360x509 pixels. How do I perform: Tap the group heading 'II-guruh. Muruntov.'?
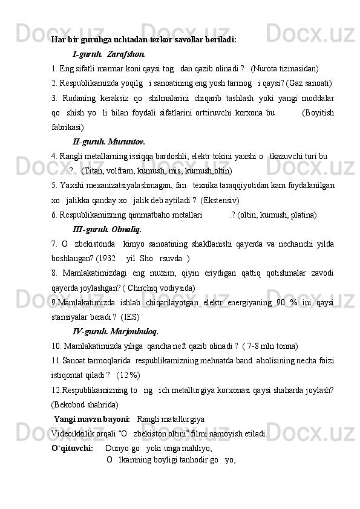pyautogui.click(x=108, y=141)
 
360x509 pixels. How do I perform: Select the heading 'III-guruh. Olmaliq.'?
pyautogui.click(x=106, y=230)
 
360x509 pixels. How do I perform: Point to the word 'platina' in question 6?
pyautogui.click(x=301, y=215)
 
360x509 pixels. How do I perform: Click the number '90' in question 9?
pyautogui.click(x=281, y=302)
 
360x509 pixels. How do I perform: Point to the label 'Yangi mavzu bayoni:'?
pyautogui.click(x=91, y=418)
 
